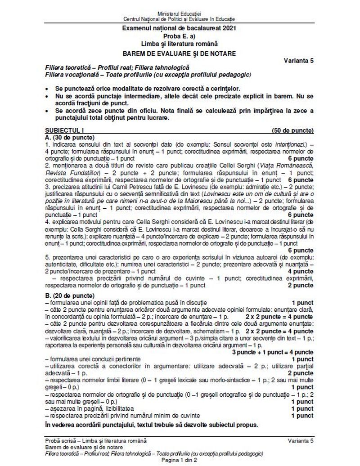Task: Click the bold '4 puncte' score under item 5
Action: tap(301, 271)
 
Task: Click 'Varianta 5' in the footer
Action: tap(301, 439)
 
